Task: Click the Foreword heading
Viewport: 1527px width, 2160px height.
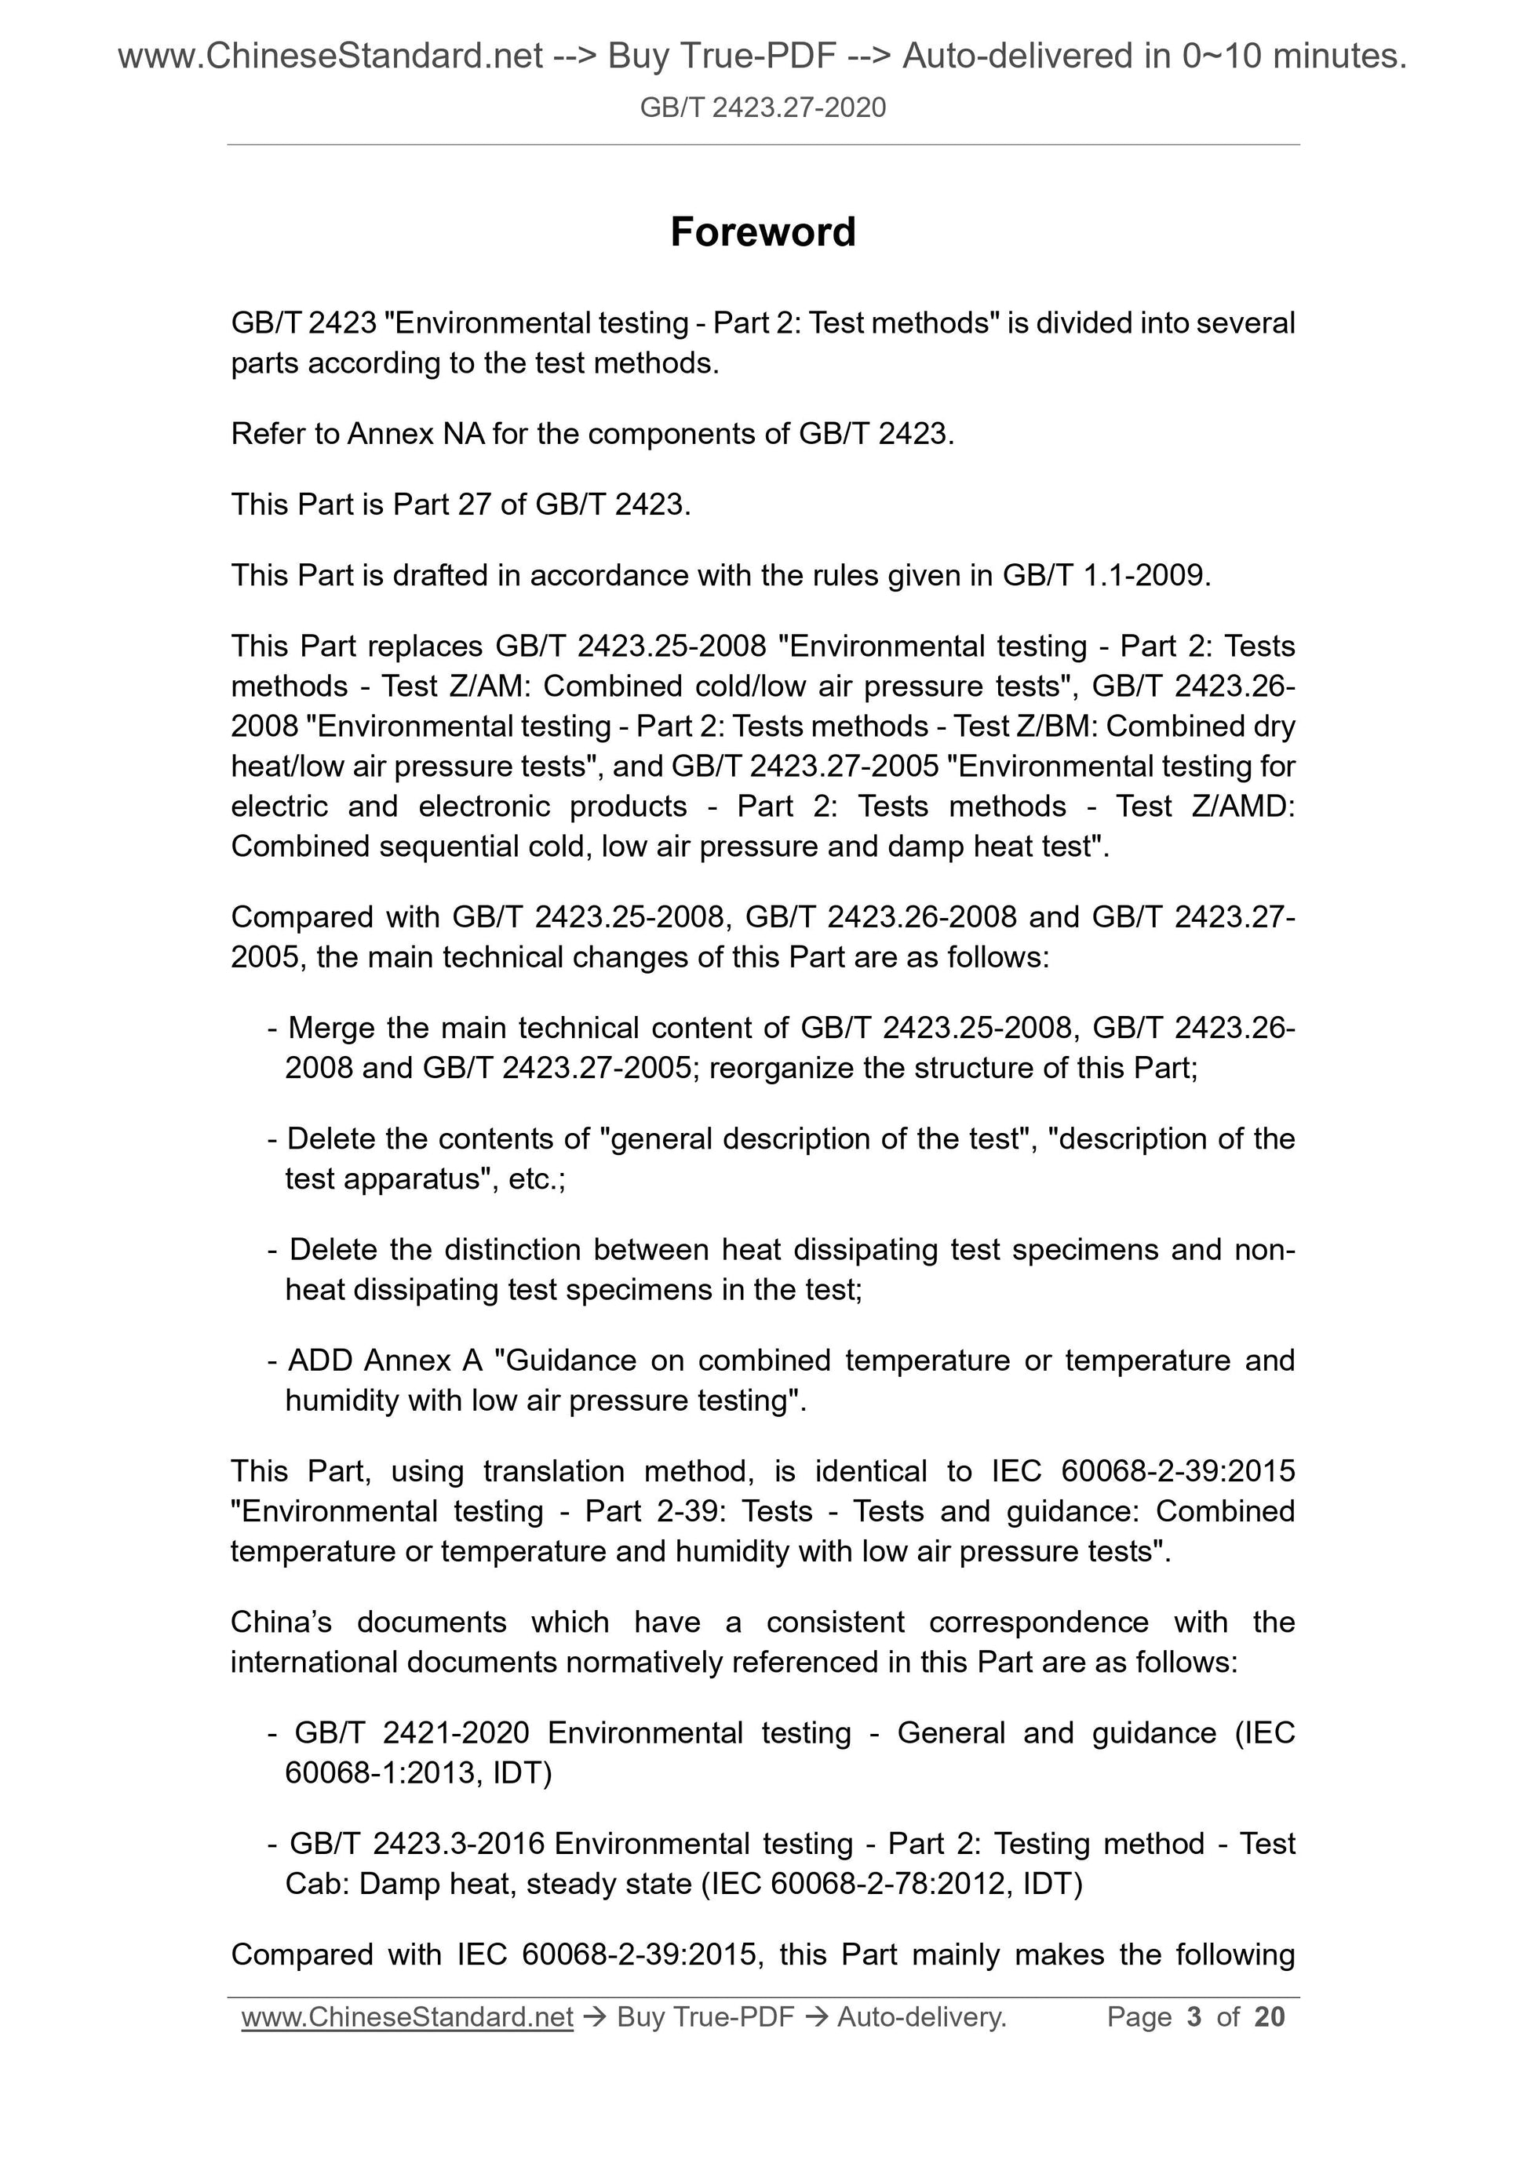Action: [x=762, y=232]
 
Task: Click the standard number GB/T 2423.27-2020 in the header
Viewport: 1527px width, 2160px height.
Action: [x=762, y=108]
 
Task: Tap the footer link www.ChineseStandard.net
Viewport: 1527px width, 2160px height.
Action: [x=407, y=2016]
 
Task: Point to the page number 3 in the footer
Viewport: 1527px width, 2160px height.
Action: [x=1194, y=2016]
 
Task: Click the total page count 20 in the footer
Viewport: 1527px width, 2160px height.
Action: [x=1269, y=2016]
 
